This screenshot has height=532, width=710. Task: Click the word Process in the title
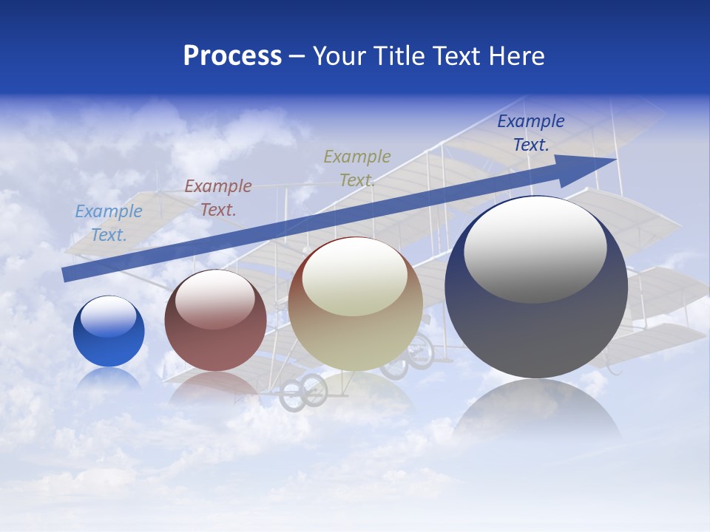click(x=232, y=55)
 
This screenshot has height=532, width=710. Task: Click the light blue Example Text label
click(x=109, y=223)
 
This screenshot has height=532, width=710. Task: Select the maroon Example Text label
click(x=218, y=198)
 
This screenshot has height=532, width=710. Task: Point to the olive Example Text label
click(x=357, y=168)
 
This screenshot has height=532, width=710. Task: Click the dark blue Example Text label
click(x=531, y=133)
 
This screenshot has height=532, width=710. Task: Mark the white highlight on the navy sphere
click(x=535, y=248)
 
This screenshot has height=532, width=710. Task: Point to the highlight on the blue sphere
click(x=109, y=316)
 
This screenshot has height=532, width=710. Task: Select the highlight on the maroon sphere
click(x=215, y=297)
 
